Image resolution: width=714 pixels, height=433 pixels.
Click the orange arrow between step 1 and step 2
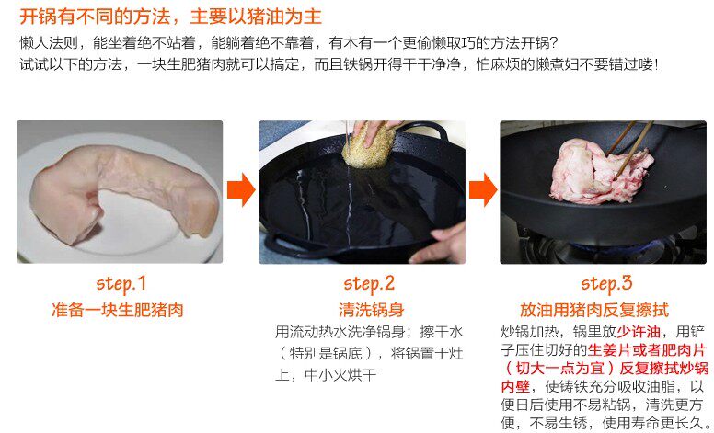click(x=241, y=189)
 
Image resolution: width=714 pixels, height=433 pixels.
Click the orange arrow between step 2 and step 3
click(x=483, y=189)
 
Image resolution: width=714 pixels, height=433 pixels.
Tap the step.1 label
click(x=121, y=284)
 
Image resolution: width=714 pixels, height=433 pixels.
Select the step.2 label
click(x=369, y=284)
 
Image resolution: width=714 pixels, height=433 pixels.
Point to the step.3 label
click(x=606, y=284)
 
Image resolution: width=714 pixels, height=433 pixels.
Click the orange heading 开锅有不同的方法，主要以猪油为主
click(x=171, y=17)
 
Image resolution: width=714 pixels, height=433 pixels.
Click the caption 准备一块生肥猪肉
click(x=118, y=310)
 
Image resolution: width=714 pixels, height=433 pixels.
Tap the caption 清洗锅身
click(x=371, y=310)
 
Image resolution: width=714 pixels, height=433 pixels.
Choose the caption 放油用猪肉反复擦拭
click(x=594, y=310)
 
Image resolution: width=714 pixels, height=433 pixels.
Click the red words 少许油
click(x=639, y=332)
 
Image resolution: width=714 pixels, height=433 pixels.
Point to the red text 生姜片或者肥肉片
click(x=647, y=350)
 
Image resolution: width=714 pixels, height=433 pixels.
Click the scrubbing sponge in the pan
click(x=368, y=144)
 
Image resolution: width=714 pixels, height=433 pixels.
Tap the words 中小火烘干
click(x=340, y=375)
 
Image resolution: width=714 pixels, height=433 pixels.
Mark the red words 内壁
click(x=515, y=387)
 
